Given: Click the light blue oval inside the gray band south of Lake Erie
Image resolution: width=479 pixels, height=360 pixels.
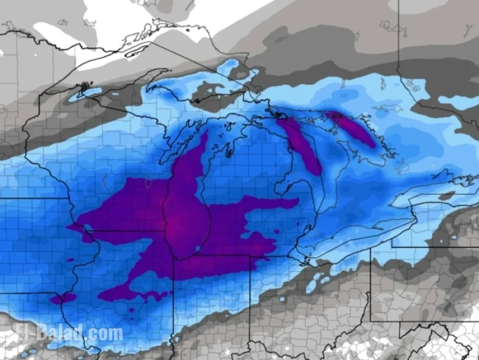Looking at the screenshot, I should pyautogui.click(x=313, y=284).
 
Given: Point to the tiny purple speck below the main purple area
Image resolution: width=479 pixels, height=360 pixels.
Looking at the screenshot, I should pyautogui.click(x=132, y=310).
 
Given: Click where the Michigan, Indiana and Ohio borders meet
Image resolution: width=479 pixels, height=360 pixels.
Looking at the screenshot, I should pyautogui.click(x=251, y=257).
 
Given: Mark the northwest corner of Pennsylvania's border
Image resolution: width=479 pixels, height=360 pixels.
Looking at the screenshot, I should pyautogui.click(x=371, y=248).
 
